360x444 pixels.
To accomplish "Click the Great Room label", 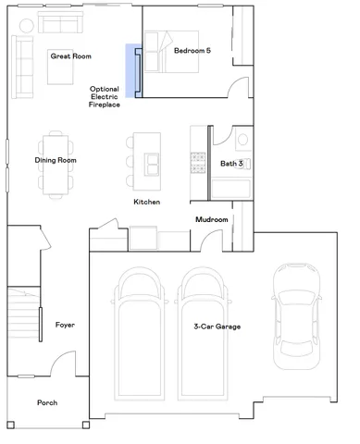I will (70, 56).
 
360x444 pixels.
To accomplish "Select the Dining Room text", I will (56, 161).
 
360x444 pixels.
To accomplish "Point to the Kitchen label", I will (146, 202).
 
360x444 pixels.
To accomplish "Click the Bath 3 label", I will (231, 164).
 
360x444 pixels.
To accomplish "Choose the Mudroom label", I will (211, 219).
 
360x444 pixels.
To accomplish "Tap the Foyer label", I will (65, 325).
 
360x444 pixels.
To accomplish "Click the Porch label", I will (47, 403).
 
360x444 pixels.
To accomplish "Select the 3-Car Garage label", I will (217, 326).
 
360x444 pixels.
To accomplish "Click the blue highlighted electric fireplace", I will (131, 71).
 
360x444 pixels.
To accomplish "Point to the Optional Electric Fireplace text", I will (104, 98).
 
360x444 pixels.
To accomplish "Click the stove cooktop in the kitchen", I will (196, 161).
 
